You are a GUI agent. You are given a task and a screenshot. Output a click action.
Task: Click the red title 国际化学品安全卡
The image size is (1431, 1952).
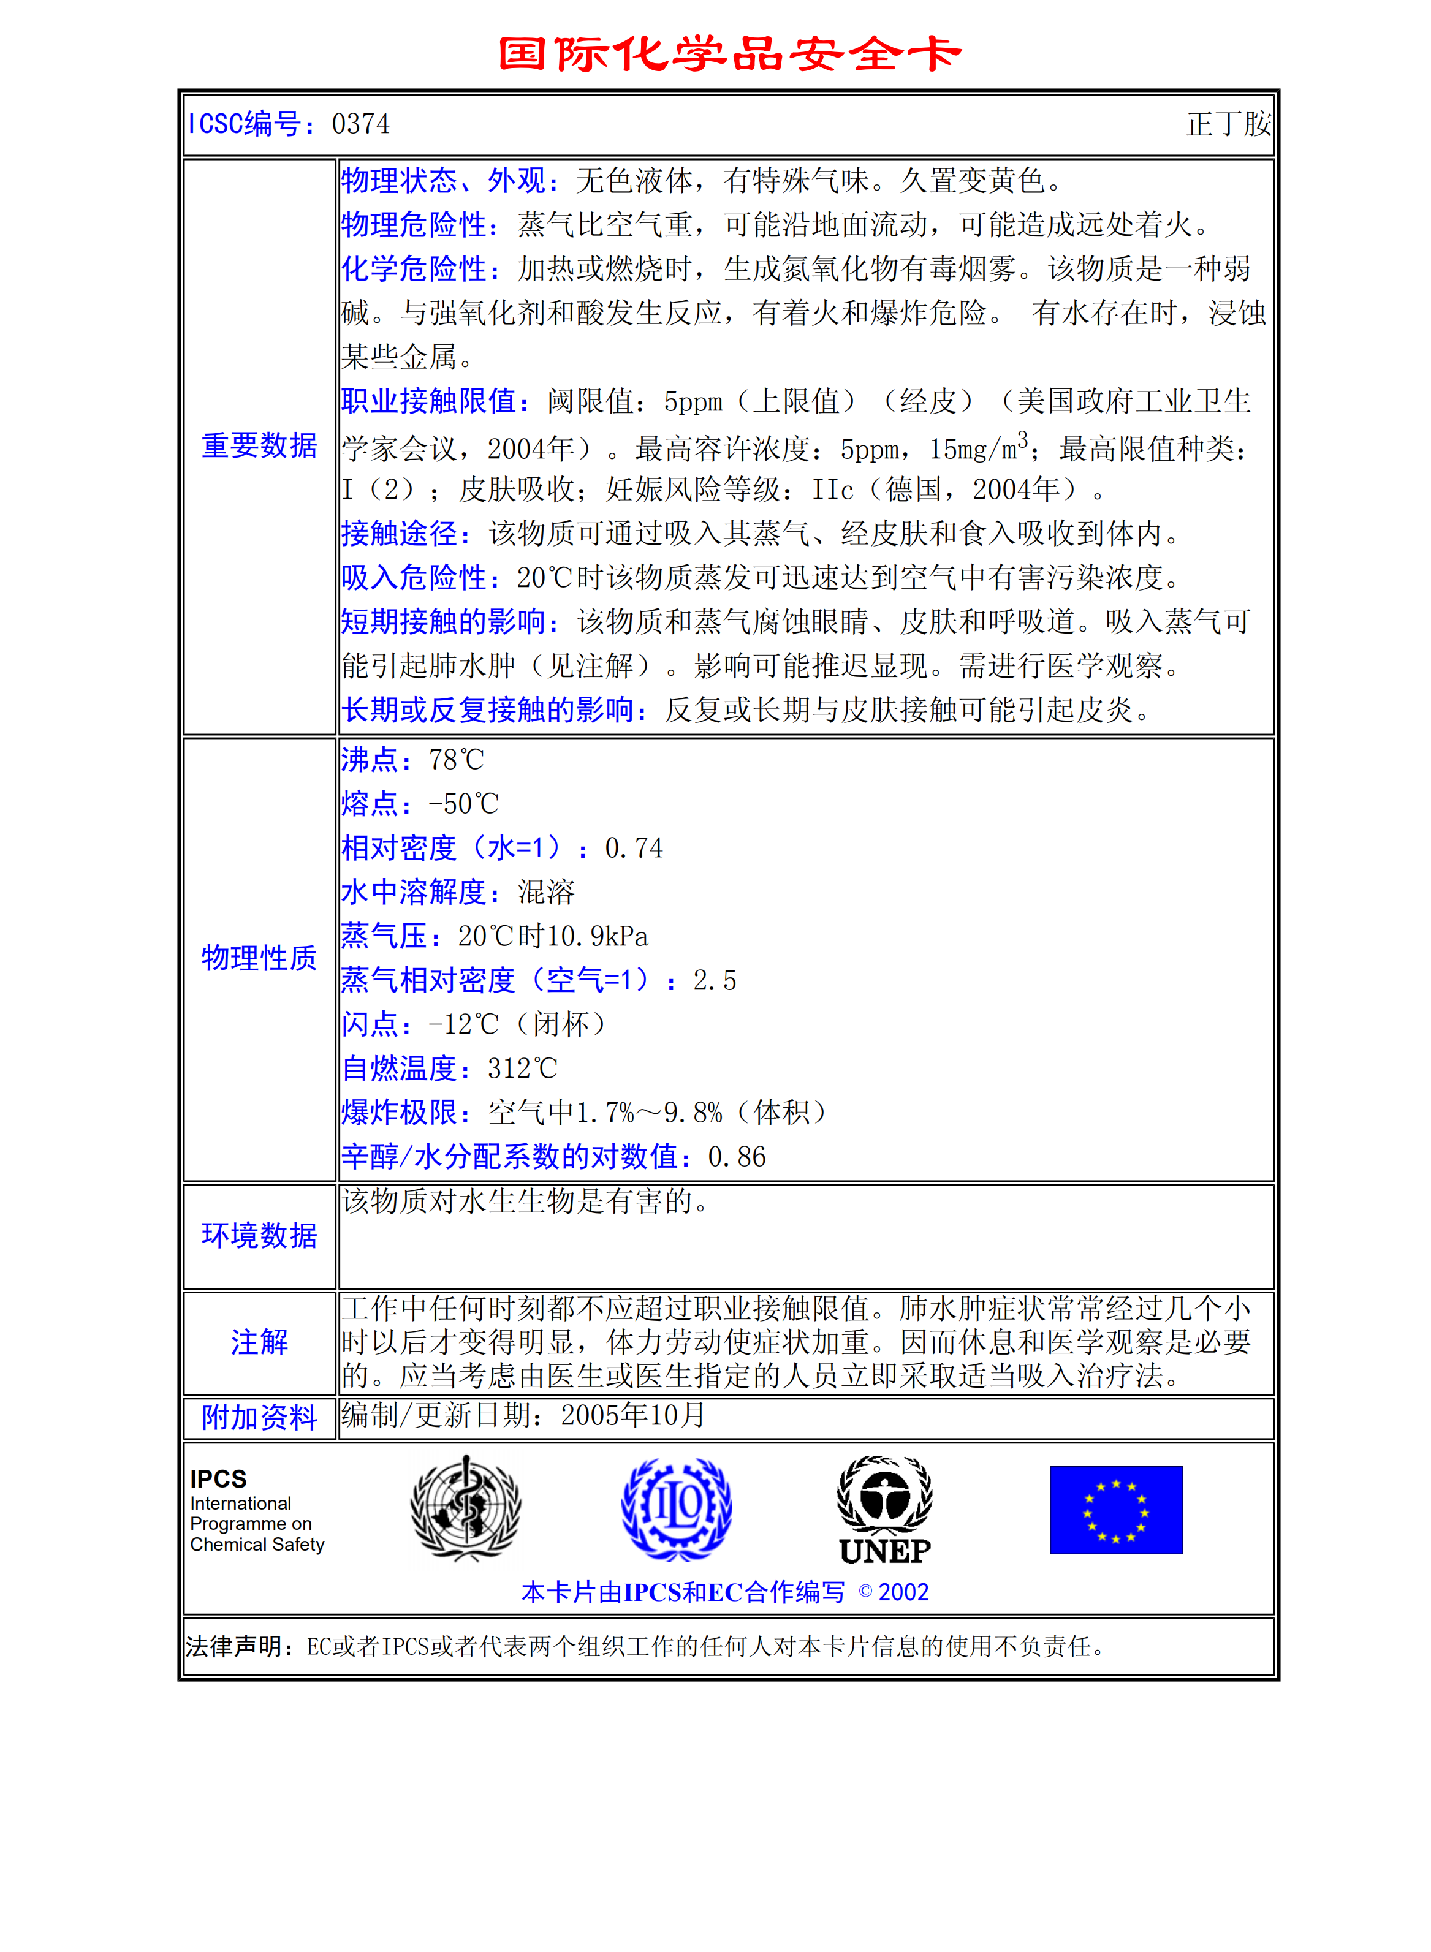point(729,54)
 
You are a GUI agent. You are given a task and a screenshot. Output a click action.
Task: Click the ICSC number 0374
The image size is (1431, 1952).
point(360,124)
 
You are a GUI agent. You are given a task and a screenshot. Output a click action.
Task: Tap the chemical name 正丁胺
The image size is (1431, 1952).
point(1228,124)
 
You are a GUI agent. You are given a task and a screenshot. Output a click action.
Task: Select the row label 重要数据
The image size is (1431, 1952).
point(259,445)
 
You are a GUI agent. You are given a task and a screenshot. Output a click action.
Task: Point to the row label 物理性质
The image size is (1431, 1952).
point(259,958)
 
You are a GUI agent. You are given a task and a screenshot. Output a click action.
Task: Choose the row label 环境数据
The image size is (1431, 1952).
point(259,1235)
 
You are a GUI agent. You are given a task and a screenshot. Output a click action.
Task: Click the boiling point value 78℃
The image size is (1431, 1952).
point(457,760)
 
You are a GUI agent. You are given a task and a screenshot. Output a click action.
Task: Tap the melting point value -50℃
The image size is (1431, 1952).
point(463,804)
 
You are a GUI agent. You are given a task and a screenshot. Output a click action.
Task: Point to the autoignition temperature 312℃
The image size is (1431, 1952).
point(522,1069)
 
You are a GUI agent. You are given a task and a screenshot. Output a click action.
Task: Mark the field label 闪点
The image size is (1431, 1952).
point(370,1024)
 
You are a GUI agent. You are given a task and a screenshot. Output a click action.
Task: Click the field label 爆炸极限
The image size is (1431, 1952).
point(400,1113)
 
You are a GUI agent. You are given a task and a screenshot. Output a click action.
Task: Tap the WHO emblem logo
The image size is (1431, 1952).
point(466,1508)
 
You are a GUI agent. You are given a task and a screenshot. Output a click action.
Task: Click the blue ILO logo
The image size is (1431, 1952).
point(677,1508)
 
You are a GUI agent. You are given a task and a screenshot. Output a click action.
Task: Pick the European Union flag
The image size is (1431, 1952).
point(1116,1510)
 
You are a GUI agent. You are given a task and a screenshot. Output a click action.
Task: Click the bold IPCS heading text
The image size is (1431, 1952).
point(218,1478)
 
